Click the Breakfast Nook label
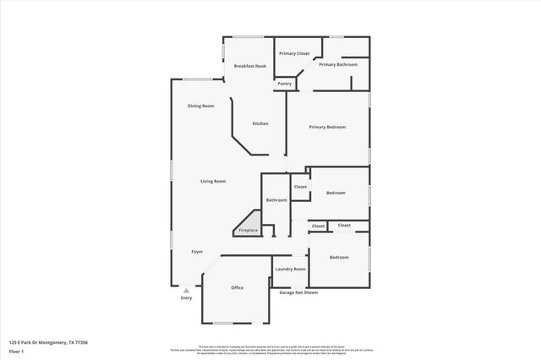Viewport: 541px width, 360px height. [251, 66]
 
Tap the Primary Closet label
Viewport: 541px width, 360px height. [294, 53]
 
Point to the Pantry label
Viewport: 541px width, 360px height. [284, 84]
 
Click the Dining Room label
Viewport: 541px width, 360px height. [200, 106]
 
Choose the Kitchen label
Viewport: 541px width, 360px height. [260, 123]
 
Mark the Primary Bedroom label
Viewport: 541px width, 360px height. [327, 127]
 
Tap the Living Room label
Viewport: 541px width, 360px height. [213, 182]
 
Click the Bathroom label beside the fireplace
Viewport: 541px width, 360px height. [276, 200]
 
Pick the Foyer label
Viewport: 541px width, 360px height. [197, 251]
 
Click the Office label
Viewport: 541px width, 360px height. [238, 287]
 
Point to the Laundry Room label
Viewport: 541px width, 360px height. [290, 269]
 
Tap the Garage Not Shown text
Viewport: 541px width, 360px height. [298, 292]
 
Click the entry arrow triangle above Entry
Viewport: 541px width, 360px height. [187, 290]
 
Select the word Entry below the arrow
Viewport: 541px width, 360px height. [187, 298]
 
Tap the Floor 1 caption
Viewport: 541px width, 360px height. [17, 350]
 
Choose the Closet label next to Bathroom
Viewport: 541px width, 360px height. [300, 187]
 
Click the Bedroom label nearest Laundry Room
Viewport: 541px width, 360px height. [339, 257]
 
